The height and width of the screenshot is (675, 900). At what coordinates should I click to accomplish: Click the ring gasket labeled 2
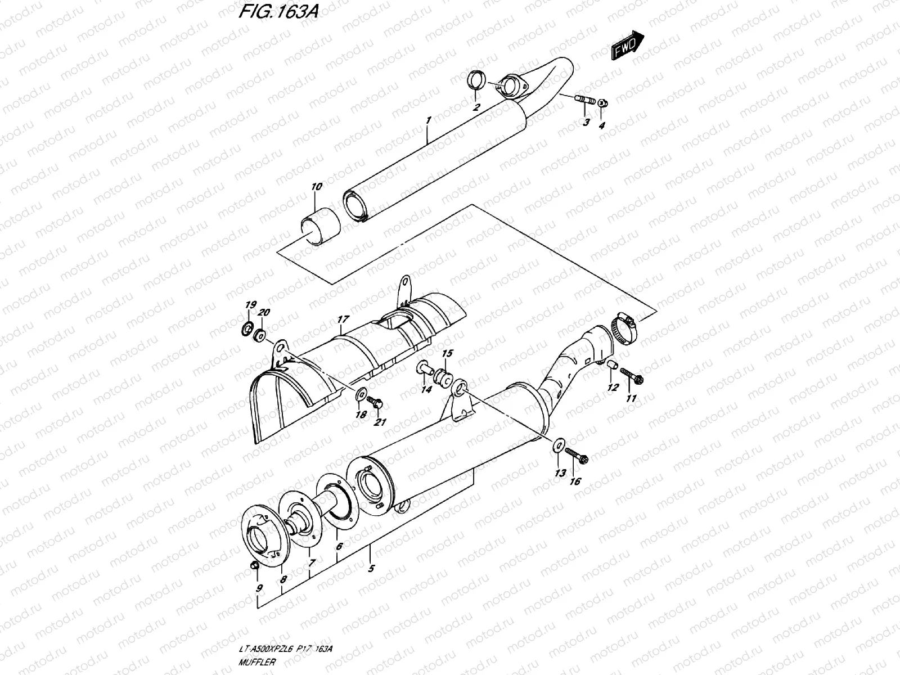pos(476,80)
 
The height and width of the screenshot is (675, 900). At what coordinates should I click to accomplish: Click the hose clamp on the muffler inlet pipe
pos(623,328)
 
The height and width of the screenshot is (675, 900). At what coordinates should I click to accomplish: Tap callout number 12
pos(613,388)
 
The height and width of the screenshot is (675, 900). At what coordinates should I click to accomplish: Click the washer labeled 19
pos(246,328)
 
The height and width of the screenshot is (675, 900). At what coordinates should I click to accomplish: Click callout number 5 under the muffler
pos(370,569)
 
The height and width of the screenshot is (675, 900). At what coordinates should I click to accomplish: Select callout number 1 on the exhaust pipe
pos(429,120)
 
